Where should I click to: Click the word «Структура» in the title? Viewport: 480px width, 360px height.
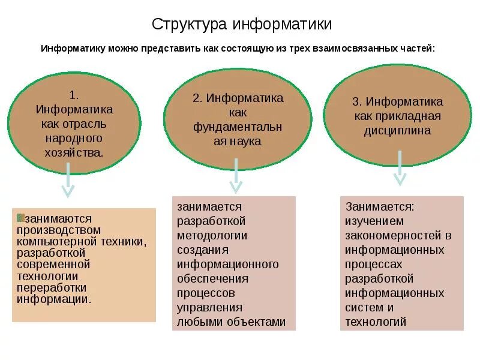(x=188, y=25)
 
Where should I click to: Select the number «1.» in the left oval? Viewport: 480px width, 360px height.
(x=74, y=95)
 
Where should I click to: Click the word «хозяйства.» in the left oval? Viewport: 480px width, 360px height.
(x=74, y=152)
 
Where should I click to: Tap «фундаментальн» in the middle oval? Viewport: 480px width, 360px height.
(x=238, y=127)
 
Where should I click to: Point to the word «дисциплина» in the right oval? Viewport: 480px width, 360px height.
(x=397, y=130)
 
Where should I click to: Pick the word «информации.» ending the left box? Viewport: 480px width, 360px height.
(x=55, y=298)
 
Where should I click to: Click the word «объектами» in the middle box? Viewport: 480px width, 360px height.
(x=259, y=322)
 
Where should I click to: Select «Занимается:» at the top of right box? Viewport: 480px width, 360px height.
(x=379, y=206)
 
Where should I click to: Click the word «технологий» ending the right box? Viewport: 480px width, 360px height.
(x=376, y=322)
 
